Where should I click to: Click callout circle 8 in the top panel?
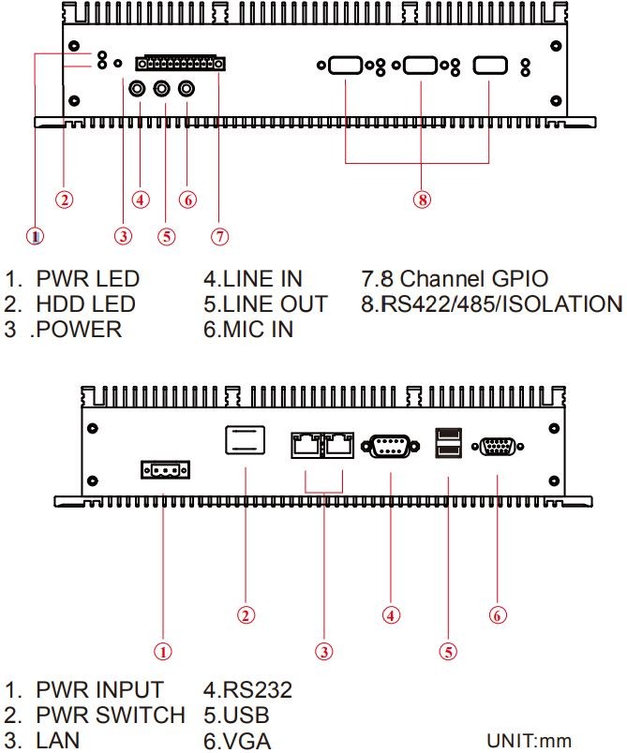423,199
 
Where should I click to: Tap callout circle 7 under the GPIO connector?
219,236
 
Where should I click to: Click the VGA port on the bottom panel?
499,448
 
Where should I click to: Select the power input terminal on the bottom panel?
164,467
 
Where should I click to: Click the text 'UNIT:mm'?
529,741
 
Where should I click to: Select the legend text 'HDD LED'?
85,304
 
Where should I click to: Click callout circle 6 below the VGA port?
499,614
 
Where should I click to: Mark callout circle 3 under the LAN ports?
324,650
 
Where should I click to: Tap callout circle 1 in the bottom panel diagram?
163,650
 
